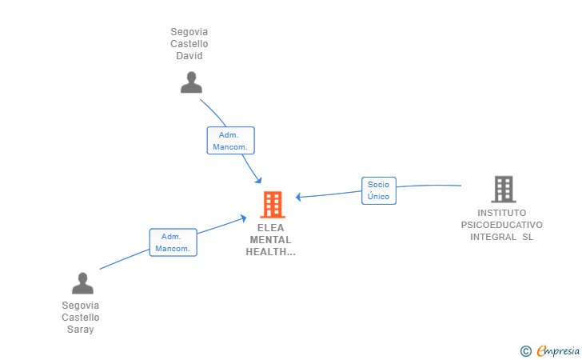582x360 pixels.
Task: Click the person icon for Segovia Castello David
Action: [x=191, y=82]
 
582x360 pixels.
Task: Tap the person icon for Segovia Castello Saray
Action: [x=82, y=283]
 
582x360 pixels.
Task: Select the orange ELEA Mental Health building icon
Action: [x=273, y=204]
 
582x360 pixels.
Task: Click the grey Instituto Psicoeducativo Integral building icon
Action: [x=504, y=189]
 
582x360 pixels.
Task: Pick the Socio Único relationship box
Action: [x=379, y=190]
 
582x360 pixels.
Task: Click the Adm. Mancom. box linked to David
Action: [x=230, y=141]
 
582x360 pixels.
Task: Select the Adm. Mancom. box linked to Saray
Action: [x=173, y=242]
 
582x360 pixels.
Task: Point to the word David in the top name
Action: [x=189, y=56]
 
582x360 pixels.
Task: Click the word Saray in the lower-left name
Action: [x=80, y=330]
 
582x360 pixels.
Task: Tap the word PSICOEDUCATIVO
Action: [x=502, y=225]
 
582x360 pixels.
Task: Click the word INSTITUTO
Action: [x=502, y=213]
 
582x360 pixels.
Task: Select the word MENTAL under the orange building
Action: [x=270, y=240]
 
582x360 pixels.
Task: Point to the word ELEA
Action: [x=270, y=228]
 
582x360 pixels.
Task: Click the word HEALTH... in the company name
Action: [x=270, y=252]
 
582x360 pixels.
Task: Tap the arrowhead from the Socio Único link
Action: [x=298, y=197]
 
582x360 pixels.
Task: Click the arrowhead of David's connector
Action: [x=259, y=181]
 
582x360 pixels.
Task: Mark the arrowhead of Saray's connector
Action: [x=244, y=218]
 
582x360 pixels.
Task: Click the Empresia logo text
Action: [x=558, y=350]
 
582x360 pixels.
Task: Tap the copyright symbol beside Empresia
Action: [x=525, y=351]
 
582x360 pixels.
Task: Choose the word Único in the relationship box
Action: [x=379, y=197]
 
